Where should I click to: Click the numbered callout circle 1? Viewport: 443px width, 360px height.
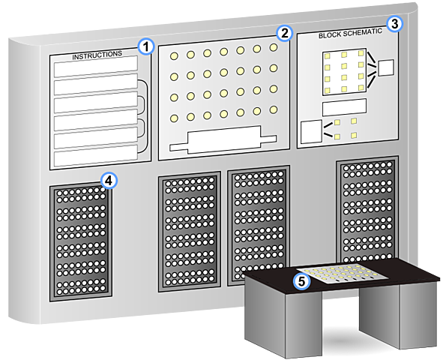click(146, 46)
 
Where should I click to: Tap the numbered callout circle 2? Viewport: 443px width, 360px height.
click(285, 33)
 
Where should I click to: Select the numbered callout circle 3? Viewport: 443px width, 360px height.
click(395, 24)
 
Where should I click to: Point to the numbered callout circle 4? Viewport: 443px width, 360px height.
click(109, 181)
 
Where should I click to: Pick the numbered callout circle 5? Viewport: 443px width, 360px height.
click(301, 281)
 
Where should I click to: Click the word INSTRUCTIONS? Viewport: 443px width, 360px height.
click(97, 55)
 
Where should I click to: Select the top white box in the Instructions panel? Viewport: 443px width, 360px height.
click(96, 67)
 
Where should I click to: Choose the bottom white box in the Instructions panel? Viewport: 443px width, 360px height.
click(96, 156)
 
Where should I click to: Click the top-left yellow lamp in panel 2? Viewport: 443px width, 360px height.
click(174, 56)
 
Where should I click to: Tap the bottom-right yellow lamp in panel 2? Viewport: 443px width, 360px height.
click(273, 109)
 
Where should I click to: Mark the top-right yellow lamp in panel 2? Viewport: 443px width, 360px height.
click(273, 47)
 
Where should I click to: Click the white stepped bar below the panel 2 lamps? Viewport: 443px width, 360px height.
click(223, 140)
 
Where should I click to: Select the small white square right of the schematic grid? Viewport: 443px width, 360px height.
click(386, 67)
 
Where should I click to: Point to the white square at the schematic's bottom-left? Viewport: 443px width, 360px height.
click(311, 132)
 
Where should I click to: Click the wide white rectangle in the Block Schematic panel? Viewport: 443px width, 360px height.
click(344, 107)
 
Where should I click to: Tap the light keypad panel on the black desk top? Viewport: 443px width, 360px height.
click(342, 274)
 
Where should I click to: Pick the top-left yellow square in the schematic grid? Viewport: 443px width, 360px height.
click(327, 56)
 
